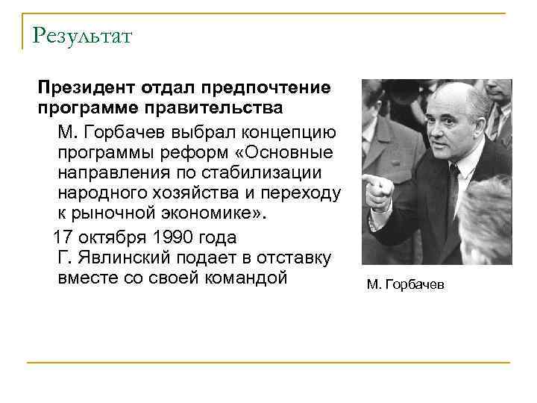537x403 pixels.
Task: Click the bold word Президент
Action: click(84, 88)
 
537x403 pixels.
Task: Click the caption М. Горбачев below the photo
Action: click(405, 285)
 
